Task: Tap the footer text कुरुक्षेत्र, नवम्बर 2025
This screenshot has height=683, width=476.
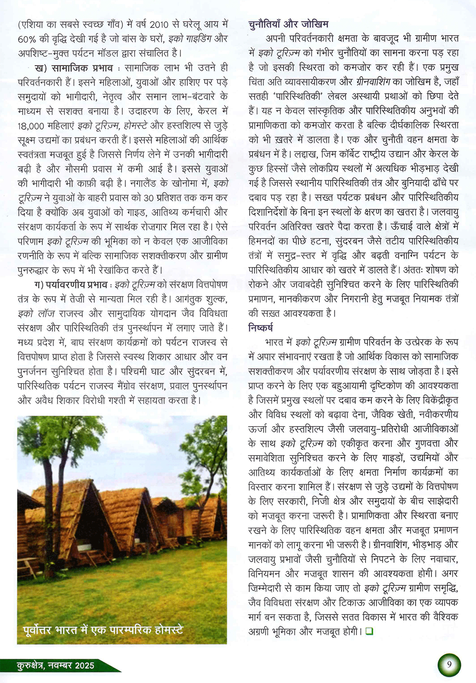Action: point(55,665)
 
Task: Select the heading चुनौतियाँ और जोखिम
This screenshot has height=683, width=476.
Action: point(288,23)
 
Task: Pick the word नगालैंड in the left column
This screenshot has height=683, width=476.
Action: point(147,184)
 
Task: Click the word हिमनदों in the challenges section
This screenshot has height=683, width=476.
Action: point(266,241)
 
